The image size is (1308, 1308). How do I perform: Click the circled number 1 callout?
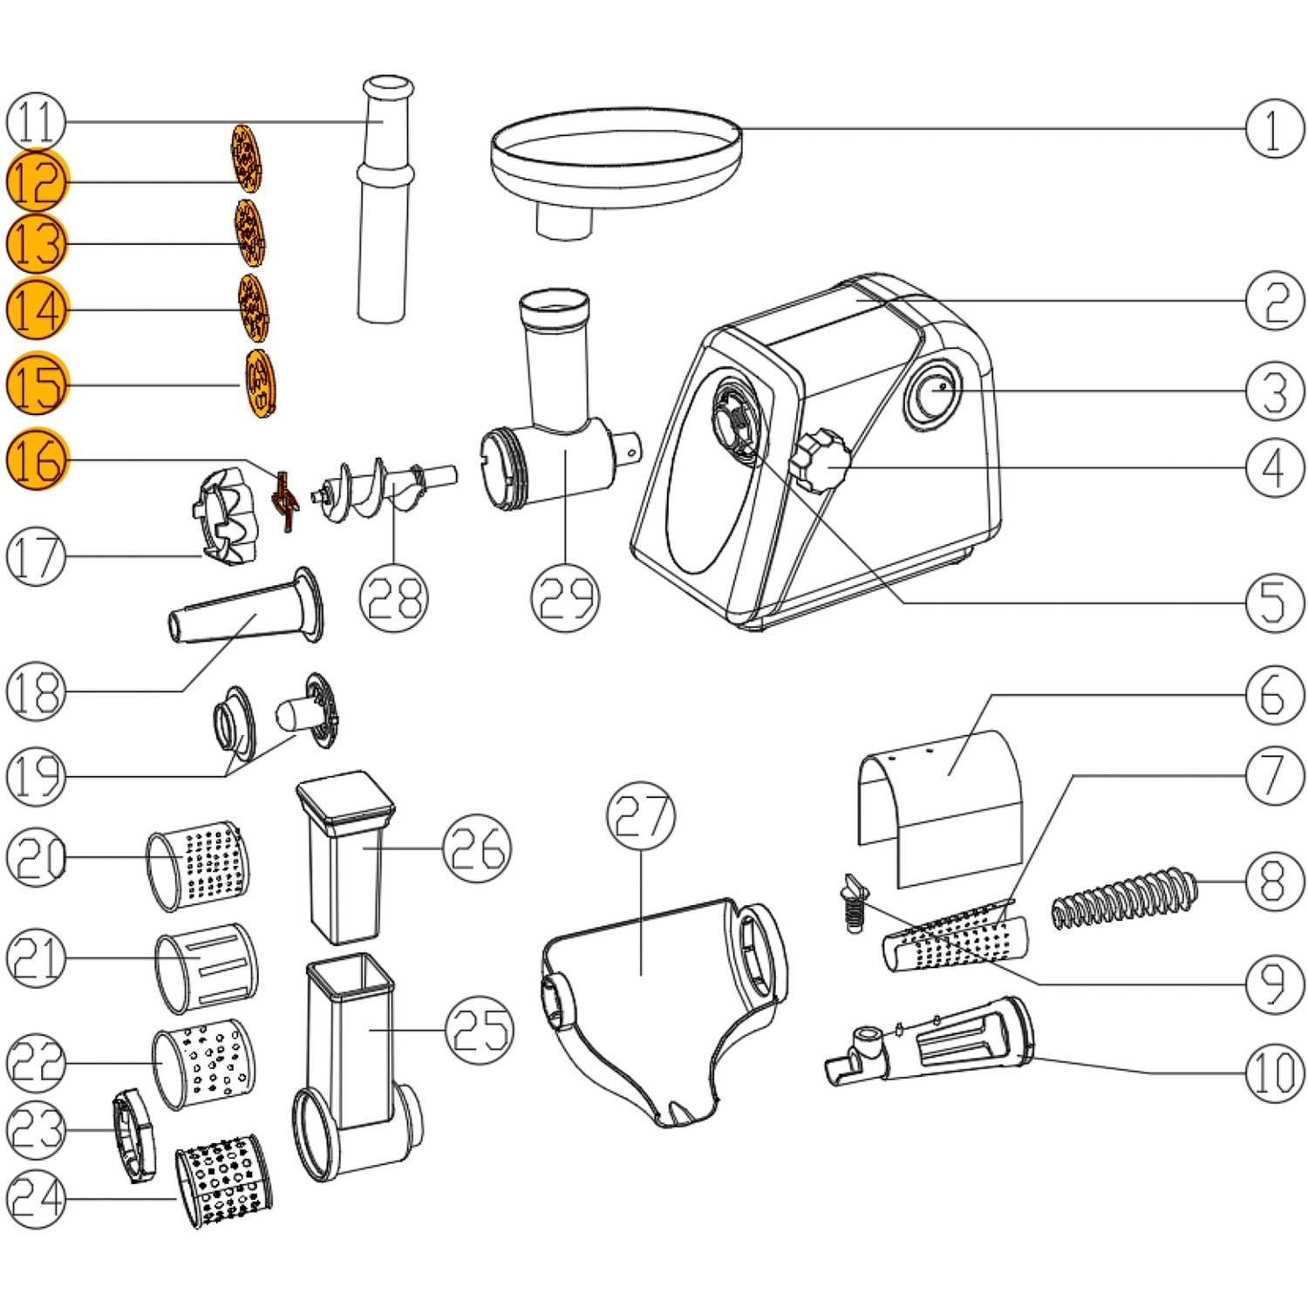pyautogui.click(x=1274, y=129)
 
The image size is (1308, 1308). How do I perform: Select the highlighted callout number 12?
pyautogui.click(x=37, y=181)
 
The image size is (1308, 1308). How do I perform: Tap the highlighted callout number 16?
pyautogui.click(x=37, y=460)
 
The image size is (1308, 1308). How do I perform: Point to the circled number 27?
pyautogui.click(x=641, y=815)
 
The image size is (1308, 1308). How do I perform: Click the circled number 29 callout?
pyautogui.click(x=566, y=596)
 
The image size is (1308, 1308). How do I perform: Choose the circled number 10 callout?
pyautogui.click(x=1274, y=1072)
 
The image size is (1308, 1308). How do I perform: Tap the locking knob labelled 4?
pyautogui.click(x=821, y=460)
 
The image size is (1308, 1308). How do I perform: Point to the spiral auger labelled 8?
pyautogui.click(x=1125, y=898)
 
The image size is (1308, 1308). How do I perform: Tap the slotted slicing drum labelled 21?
pyautogui.click(x=207, y=967)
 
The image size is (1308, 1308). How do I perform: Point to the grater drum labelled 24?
pyautogui.click(x=225, y=1182)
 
